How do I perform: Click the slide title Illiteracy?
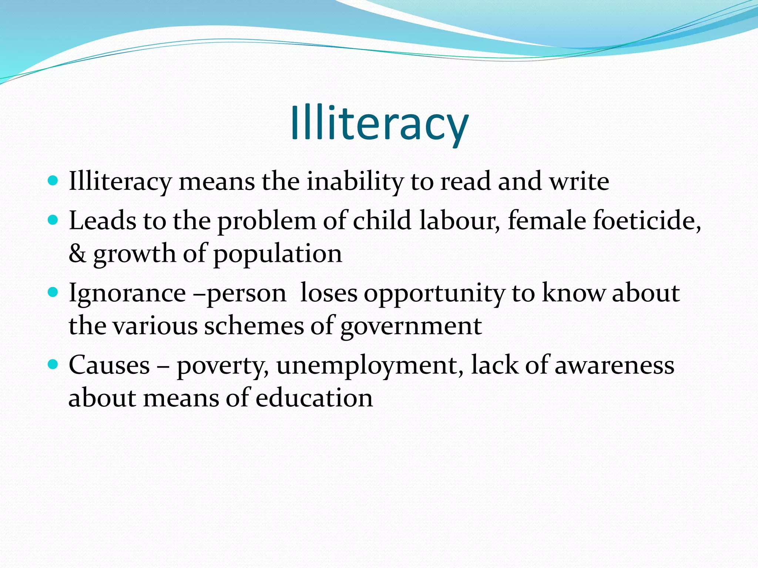(379, 123)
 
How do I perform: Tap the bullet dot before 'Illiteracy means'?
(53, 180)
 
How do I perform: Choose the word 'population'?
(278, 254)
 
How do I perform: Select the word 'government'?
(411, 327)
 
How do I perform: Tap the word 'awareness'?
(614, 366)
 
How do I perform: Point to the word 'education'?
(314, 398)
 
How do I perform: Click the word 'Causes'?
(109, 365)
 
